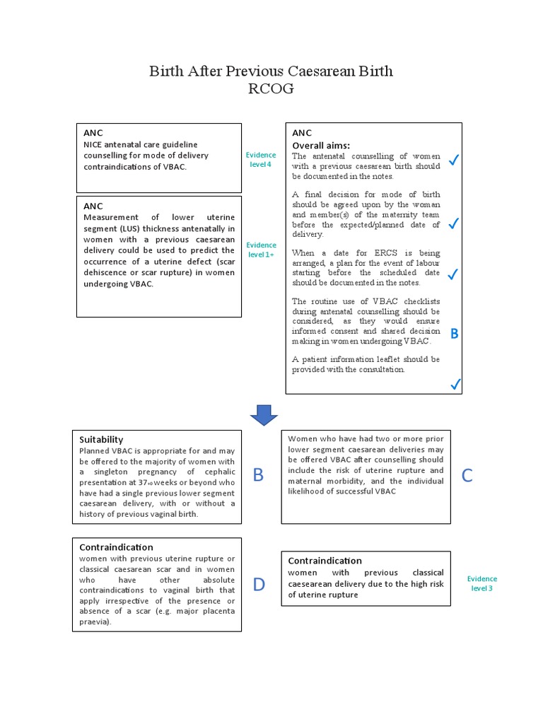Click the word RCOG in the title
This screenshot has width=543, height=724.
(x=271, y=88)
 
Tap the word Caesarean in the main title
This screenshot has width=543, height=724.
(x=320, y=71)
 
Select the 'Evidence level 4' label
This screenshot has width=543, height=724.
(x=258, y=160)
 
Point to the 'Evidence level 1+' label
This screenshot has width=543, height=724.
(x=260, y=250)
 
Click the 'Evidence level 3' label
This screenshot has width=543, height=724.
(x=482, y=583)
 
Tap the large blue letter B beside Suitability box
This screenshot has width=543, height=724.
(x=258, y=476)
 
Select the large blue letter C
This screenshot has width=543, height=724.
(x=467, y=476)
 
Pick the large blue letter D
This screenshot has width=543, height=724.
(x=259, y=585)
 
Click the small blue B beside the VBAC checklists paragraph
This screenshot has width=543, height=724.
(x=455, y=334)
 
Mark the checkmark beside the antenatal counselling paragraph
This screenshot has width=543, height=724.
(x=455, y=162)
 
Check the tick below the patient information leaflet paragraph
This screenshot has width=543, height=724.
(x=455, y=384)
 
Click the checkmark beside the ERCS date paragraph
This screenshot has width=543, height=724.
(x=455, y=274)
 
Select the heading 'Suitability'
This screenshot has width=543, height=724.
(x=101, y=439)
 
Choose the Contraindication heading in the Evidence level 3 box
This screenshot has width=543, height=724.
(x=325, y=561)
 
